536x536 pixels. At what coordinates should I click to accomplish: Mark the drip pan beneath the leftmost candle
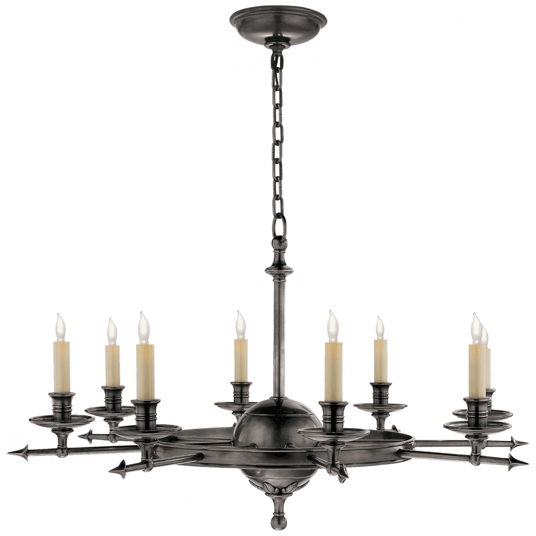click(61, 419)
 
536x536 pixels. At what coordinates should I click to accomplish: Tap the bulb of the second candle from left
click(111, 332)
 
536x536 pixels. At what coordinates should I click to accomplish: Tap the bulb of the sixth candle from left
click(380, 327)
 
